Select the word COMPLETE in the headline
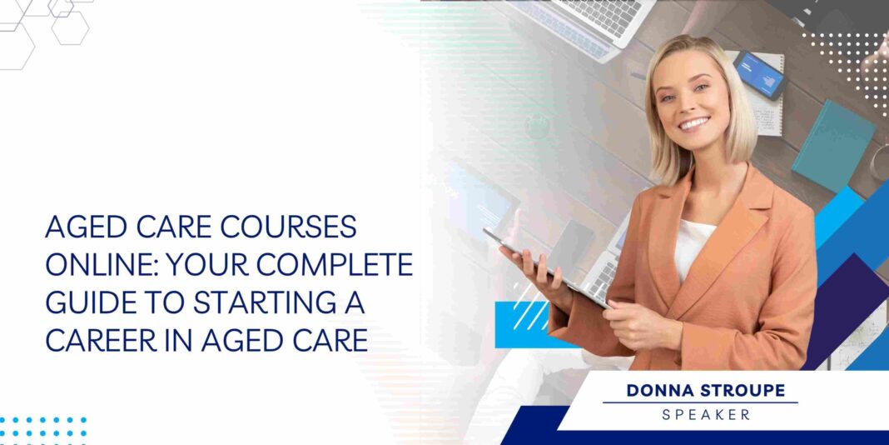(344, 265)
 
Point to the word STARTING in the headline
(250, 303)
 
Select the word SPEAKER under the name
(700, 414)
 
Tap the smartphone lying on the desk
(759, 74)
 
